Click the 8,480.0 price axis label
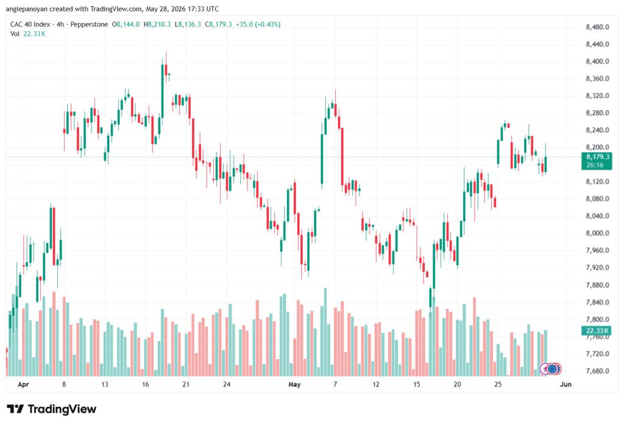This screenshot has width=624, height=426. (597, 27)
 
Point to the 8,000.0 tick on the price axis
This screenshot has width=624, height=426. (597, 233)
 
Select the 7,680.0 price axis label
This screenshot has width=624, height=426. (597, 371)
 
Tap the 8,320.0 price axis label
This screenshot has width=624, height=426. (597, 96)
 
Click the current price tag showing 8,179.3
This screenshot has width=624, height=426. (597, 157)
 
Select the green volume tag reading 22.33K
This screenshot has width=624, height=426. (597, 331)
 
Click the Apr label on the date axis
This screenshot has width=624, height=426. (24, 384)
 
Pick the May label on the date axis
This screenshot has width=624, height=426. (294, 384)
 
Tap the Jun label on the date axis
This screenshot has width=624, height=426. (565, 384)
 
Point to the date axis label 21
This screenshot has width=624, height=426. (186, 384)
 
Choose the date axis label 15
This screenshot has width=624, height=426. (417, 384)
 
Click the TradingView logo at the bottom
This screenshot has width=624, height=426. (52, 409)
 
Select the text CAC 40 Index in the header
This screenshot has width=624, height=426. (30, 24)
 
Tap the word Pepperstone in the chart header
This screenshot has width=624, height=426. (89, 24)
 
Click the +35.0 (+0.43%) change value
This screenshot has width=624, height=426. (258, 24)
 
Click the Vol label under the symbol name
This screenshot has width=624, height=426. (15, 34)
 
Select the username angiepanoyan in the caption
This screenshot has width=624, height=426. (26, 9)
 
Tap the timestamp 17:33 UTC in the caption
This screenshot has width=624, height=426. (205, 9)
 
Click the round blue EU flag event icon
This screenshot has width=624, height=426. (552, 369)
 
